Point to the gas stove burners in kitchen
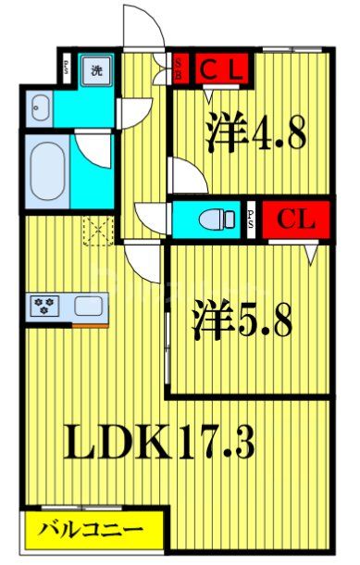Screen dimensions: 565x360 (43, 304)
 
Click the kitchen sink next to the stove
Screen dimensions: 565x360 (90, 305)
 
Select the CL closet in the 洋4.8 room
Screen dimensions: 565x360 (222, 67)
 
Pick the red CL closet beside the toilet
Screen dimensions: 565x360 (295, 220)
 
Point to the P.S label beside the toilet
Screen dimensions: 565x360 (252, 220)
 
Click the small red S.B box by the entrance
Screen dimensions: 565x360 (180, 68)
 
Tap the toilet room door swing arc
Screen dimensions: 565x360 (148, 215)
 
